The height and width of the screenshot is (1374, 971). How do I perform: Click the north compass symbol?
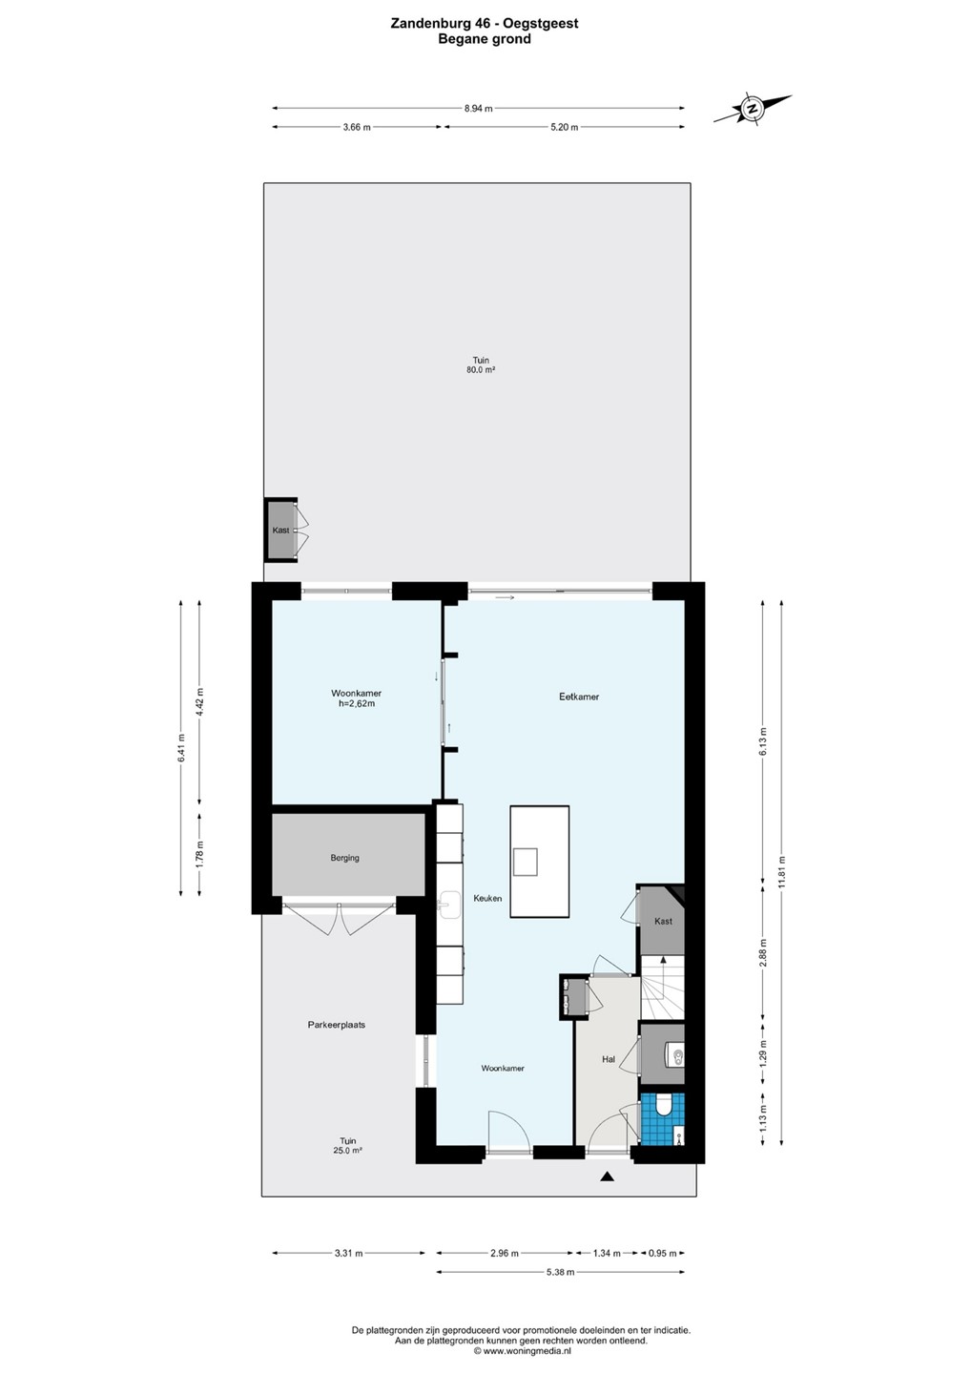tap(752, 109)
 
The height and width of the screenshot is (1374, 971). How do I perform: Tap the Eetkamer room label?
tap(579, 697)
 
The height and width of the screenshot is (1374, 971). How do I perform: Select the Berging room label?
tap(344, 858)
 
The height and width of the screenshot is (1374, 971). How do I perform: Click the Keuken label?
tap(487, 898)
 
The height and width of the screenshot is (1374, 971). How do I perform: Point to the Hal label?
tap(609, 1059)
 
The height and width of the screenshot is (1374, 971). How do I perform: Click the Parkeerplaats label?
tap(337, 1025)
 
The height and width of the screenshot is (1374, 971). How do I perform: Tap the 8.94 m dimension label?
tap(478, 109)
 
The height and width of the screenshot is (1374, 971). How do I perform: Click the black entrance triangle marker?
tap(607, 1176)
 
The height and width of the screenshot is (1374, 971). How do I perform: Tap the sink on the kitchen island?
tap(526, 862)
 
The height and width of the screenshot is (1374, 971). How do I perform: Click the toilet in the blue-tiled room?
tap(663, 1107)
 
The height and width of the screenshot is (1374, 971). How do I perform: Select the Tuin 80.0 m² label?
tap(481, 364)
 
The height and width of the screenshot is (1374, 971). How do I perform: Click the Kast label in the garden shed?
tap(280, 530)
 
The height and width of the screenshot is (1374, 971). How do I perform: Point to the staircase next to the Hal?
tap(662, 987)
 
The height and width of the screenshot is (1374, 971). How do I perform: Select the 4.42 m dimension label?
tap(199, 701)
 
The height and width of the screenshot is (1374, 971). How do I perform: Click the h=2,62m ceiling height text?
tap(356, 703)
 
